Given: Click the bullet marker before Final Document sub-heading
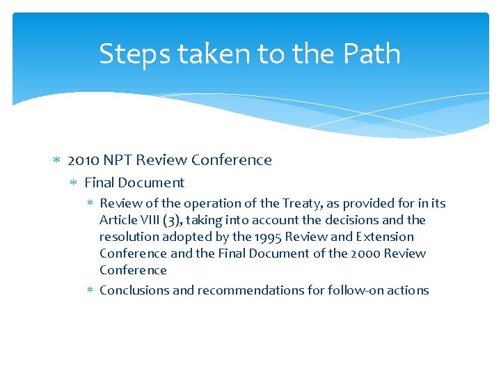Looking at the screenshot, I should point(74,183).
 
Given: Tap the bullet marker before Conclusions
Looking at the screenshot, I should point(90,290).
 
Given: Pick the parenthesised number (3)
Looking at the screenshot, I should point(172,220).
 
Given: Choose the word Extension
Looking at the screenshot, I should point(384,237).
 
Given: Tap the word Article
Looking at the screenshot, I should point(118,220).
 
